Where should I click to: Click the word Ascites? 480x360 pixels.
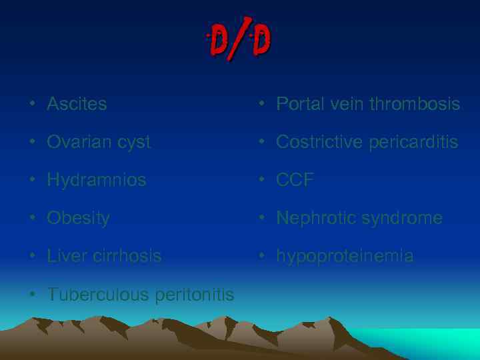[x=77, y=104]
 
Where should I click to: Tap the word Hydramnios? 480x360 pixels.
[x=96, y=180]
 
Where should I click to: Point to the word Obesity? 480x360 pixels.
[x=78, y=218]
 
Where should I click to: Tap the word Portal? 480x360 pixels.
[x=297, y=104]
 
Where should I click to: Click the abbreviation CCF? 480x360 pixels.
[x=295, y=180]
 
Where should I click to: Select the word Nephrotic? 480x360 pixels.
[x=315, y=218]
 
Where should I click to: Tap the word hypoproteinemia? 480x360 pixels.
[x=345, y=256]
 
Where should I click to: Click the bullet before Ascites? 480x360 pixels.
[x=32, y=105]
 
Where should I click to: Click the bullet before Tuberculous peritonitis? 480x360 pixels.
[x=32, y=295]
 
